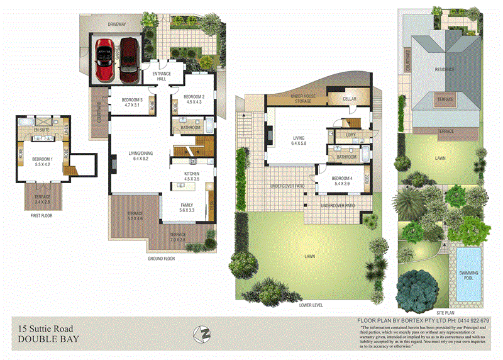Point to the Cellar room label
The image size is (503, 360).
(x=349, y=99)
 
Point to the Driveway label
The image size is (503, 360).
(x=117, y=24)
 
